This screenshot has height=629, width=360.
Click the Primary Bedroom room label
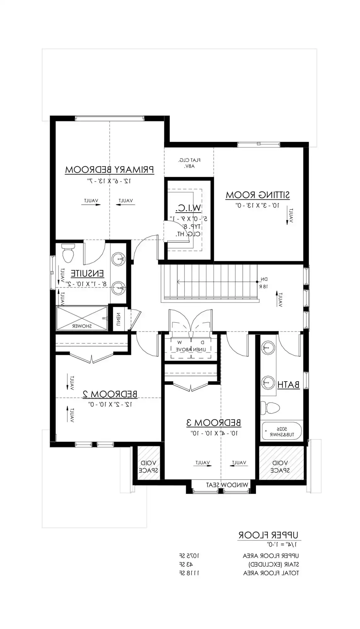pos(109,170)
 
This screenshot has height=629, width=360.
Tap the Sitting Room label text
pos(258,195)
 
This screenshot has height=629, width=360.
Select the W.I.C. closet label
pos(188,208)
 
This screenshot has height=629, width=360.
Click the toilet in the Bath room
pos(270,408)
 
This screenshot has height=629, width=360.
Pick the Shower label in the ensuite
pos(82,326)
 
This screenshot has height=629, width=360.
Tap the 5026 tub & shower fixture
pos(282,431)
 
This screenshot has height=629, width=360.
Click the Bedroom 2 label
pos(110,394)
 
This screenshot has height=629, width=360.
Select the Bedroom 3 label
pos(214,423)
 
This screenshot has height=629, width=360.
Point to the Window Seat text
pos(227,485)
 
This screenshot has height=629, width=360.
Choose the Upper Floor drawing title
pos(268,535)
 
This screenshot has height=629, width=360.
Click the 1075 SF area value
pos(189,556)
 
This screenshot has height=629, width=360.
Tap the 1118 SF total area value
pos(189,573)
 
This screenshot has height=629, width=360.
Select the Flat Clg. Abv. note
pos(189,163)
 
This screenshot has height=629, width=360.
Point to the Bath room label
pos(288,385)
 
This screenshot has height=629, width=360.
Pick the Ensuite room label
pos(87,274)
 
